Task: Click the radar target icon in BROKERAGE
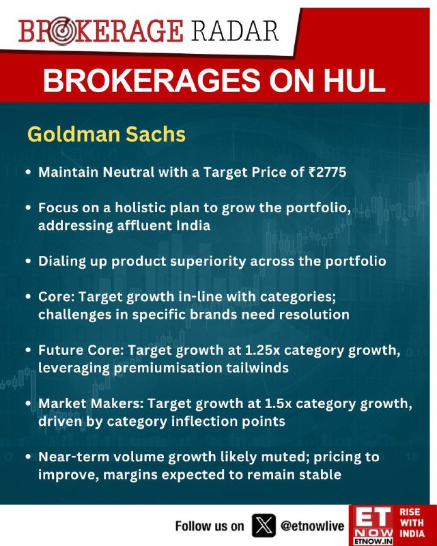coord(61,31)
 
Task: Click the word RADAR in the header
coord(234,31)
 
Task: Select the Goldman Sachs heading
coord(107,134)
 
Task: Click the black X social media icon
coord(264,526)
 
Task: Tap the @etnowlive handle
coord(312,526)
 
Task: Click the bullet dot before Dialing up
coord(29,261)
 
